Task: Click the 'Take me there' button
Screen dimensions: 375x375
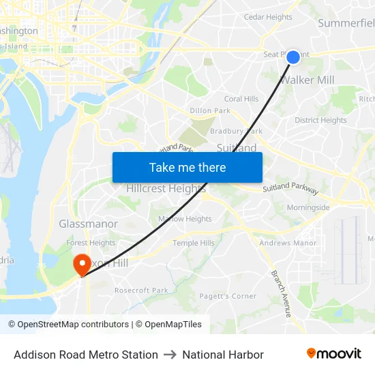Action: coord(187,167)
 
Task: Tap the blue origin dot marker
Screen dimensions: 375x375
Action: coord(292,57)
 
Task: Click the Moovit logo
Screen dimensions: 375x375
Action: coord(333,354)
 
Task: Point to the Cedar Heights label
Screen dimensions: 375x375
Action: coord(268,17)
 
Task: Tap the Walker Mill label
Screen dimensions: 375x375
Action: coord(307,80)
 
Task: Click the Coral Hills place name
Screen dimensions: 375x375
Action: coord(241,99)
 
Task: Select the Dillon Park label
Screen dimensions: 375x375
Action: coord(210,110)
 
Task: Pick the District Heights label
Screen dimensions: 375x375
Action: coord(320,120)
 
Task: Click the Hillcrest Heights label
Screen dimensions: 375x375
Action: coord(166,189)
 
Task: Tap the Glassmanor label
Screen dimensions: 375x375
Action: coord(88,224)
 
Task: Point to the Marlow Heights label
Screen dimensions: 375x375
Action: coord(185,219)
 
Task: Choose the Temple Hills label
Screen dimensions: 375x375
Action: coord(193,243)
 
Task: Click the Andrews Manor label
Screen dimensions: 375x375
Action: coord(288,243)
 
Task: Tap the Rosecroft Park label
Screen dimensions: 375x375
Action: coord(141,290)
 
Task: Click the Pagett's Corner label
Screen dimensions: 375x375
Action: coord(228,296)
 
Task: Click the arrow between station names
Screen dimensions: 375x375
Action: coord(170,355)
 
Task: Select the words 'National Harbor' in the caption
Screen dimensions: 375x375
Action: coord(223,355)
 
